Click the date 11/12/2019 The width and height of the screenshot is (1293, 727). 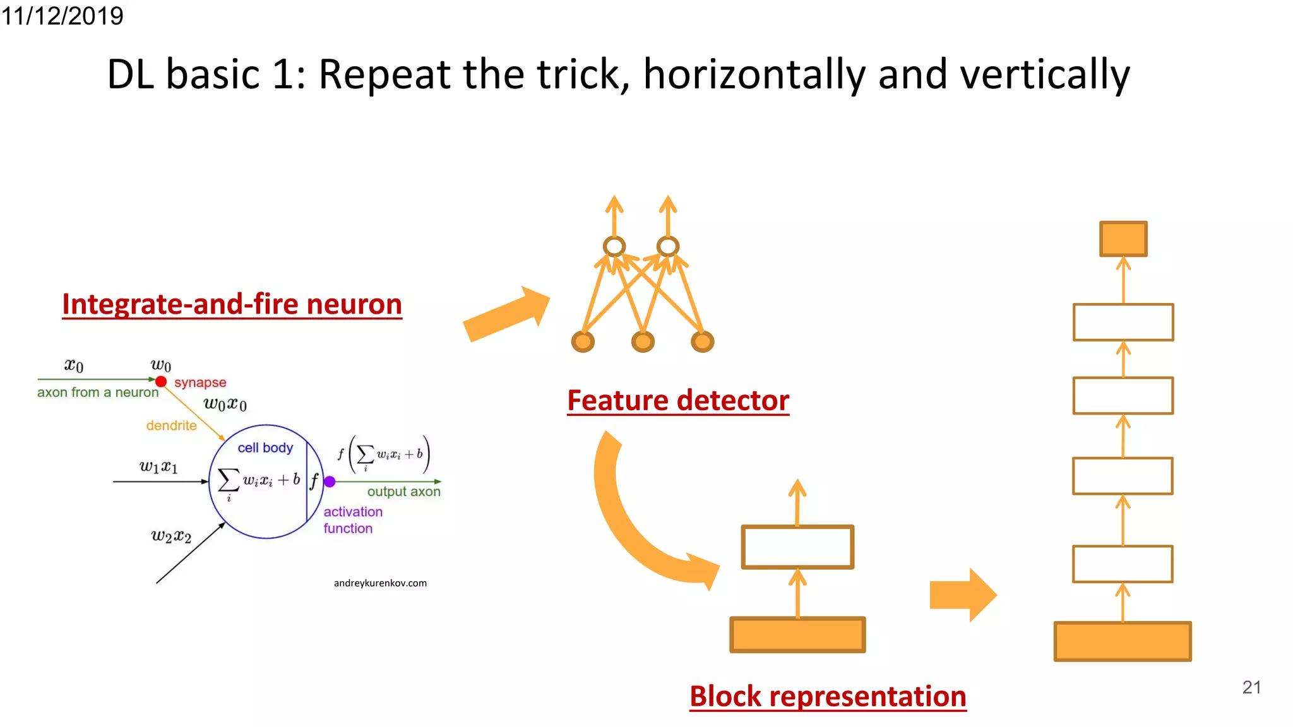[x=62, y=15]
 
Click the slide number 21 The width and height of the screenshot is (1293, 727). [x=1251, y=687]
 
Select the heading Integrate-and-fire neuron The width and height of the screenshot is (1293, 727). [x=232, y=304]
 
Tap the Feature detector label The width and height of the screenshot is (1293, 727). [x=678, y=400]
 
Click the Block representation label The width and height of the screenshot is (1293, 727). [x=828, y=696]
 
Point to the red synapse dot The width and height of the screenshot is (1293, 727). [x=161, y=381]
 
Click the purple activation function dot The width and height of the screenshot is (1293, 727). [x=330, y=482]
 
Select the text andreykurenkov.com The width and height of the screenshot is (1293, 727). [x=380, y=583]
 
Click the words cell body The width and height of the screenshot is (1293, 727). [x=265, y=447]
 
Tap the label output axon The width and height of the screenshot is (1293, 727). [x=403, y=492]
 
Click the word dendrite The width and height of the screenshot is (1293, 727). [x=171, y=425]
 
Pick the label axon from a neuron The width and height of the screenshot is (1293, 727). [x=98, y=393]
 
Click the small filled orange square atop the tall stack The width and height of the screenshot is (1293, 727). [x=1123, y=239]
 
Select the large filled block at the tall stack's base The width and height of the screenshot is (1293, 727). [x=1122, y=641]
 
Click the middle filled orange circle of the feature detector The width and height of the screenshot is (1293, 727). [x=643, y=342]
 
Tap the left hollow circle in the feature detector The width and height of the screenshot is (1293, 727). [x=614, y=246]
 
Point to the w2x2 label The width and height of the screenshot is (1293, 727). [x=171, y=536]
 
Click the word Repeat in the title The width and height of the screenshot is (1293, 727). [x=385, y=74]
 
